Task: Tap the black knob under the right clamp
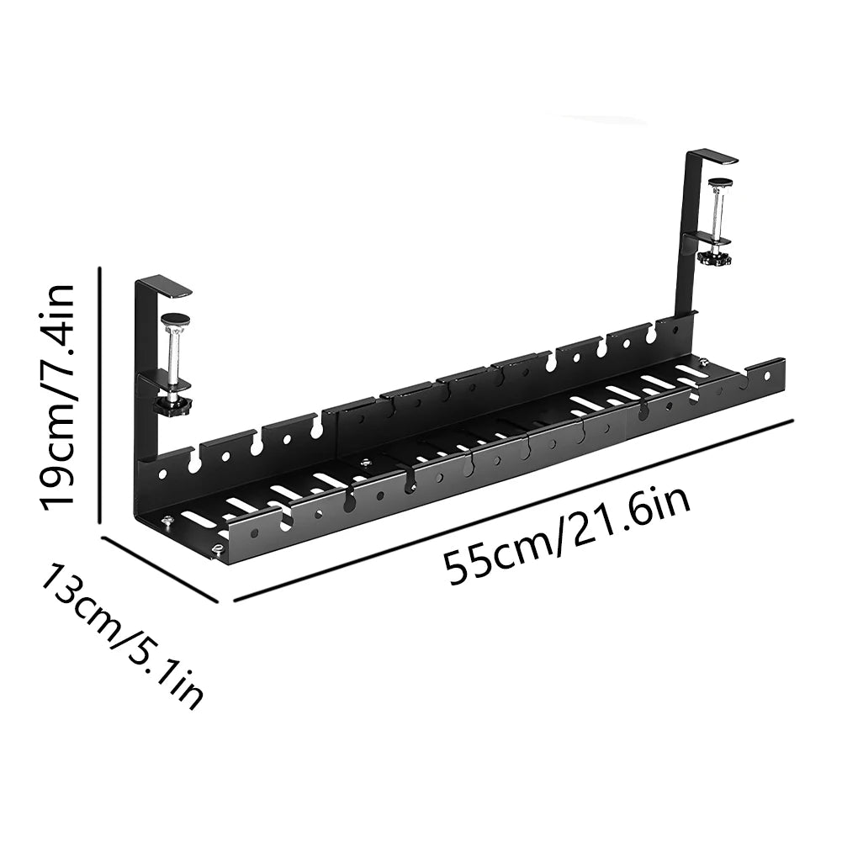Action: [713, 257]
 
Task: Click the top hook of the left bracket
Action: [164, 287]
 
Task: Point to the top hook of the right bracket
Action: [712, 156]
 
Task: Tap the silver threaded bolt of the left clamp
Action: [176, 357]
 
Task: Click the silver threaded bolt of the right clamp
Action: [718, 214]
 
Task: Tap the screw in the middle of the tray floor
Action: [365, 462]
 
